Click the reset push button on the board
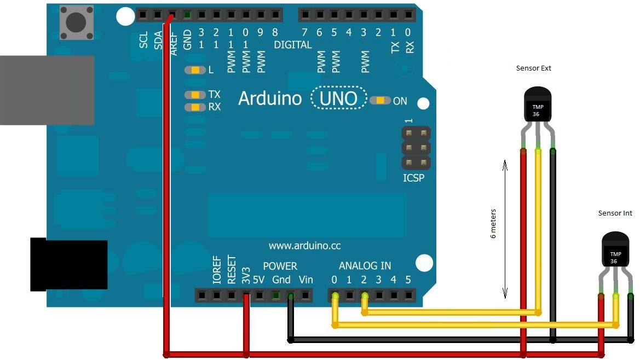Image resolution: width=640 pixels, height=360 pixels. pos(75,22)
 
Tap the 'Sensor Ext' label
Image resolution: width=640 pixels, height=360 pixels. pos(533,68)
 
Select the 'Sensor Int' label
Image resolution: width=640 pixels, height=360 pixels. pos(615,213)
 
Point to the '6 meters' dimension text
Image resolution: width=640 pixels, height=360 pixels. pos(493,223)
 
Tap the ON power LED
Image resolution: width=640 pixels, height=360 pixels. pos(380,101)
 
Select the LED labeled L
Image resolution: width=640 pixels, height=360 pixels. pos(195,70)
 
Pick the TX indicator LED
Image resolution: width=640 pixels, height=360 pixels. pos(195,95)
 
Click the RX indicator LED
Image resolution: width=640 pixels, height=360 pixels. pos(195,107)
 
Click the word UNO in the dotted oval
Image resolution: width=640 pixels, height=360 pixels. pos(338,98)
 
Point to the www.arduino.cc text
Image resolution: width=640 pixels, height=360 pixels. pos(304,246)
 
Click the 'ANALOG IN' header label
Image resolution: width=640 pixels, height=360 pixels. pos(365,266)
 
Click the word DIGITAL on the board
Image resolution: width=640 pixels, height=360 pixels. pos(292,45)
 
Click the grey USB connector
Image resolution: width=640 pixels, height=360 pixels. pos(47,90)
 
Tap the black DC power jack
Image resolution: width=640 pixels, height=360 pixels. pos(68,264)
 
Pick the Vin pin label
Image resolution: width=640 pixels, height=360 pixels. pos(305,280)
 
